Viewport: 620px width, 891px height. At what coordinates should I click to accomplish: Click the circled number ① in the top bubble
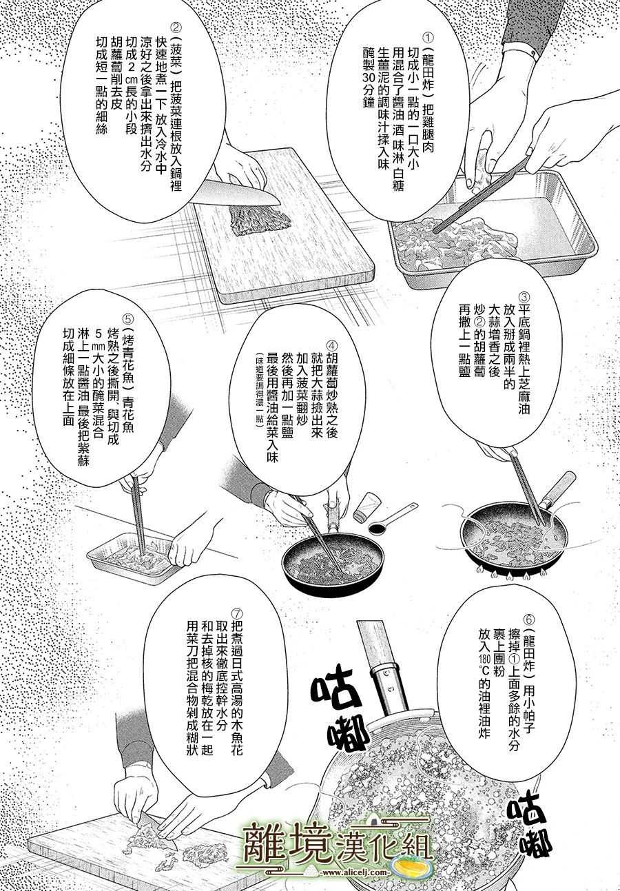[428, 38]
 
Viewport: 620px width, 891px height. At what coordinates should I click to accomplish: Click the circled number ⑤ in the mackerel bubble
[127, 320]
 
